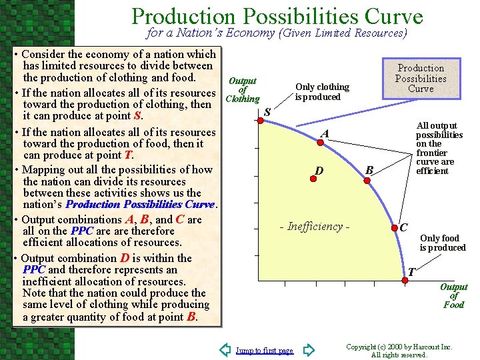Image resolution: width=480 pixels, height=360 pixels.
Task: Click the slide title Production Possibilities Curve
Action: (x=277, y=15)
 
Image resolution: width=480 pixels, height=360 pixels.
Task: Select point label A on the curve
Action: (x=325, y=135)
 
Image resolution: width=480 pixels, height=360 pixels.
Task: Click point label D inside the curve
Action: (x=319, y=172)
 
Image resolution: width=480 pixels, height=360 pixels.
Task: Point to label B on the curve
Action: (x=369, y=170)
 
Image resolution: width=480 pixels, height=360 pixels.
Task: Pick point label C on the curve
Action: (x=404, y=227)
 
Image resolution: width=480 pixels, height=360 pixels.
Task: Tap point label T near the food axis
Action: (x=412, y=272)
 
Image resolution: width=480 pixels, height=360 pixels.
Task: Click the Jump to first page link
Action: (x=265, y=351)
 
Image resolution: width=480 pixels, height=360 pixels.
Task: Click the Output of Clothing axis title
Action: (x=243, y=90)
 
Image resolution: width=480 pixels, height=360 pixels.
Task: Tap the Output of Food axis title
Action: (x=453, y=296)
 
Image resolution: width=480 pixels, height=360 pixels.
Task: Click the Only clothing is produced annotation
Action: (x=322, y=92)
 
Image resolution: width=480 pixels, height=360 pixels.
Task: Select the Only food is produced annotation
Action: (x=443, y=243)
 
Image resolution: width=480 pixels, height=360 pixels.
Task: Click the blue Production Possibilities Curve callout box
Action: (x=421, y=79)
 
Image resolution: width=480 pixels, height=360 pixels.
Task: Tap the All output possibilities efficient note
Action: (x=439, y=149)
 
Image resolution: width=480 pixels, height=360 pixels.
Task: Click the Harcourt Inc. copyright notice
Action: (x=399, y=351)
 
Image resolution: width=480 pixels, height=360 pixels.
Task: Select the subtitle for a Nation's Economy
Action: (x=277, y=33)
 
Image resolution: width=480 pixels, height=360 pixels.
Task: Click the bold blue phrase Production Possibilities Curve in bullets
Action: (x=140, y=205)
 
